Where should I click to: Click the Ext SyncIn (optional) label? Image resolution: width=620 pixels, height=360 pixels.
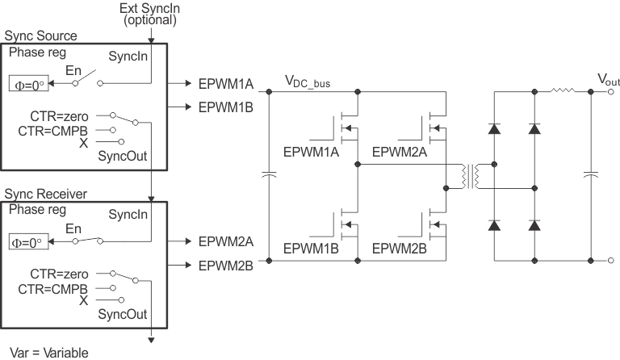[150, 15]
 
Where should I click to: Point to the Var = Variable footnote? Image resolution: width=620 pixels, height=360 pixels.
[48, 352]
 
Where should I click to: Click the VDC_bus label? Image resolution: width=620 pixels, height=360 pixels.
[308, 82]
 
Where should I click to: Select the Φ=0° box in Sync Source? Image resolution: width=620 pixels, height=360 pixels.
[27, 85]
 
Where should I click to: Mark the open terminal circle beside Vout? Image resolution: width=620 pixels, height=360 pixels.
[612, 91]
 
